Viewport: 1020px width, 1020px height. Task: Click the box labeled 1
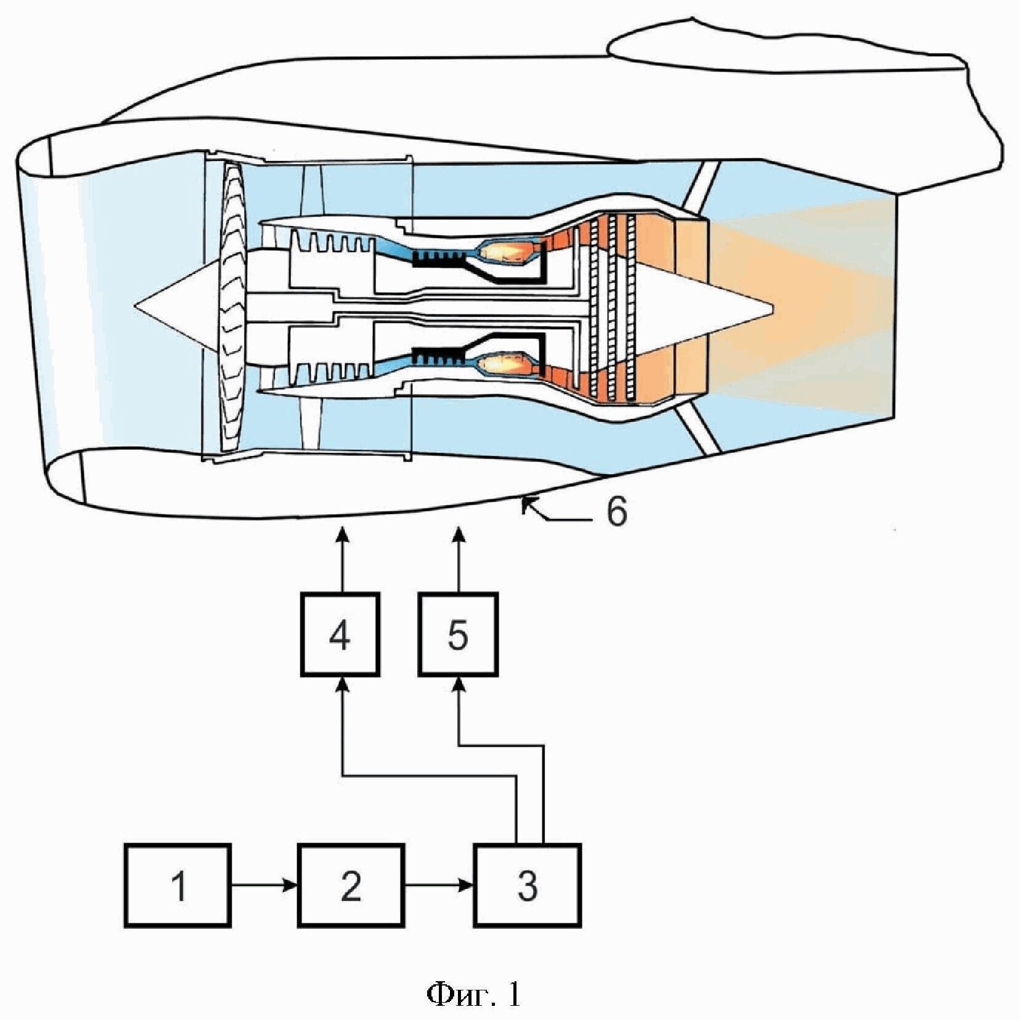point(177,886)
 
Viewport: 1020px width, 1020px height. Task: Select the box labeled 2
point(351,886)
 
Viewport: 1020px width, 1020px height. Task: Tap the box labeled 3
point(527,886)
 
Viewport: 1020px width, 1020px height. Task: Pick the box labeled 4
point(340,634)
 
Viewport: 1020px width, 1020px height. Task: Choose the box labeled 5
point(457,634)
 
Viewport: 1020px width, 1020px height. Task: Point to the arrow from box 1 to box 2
point(264,886)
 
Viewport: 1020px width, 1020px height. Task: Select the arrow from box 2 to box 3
point(439,886)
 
